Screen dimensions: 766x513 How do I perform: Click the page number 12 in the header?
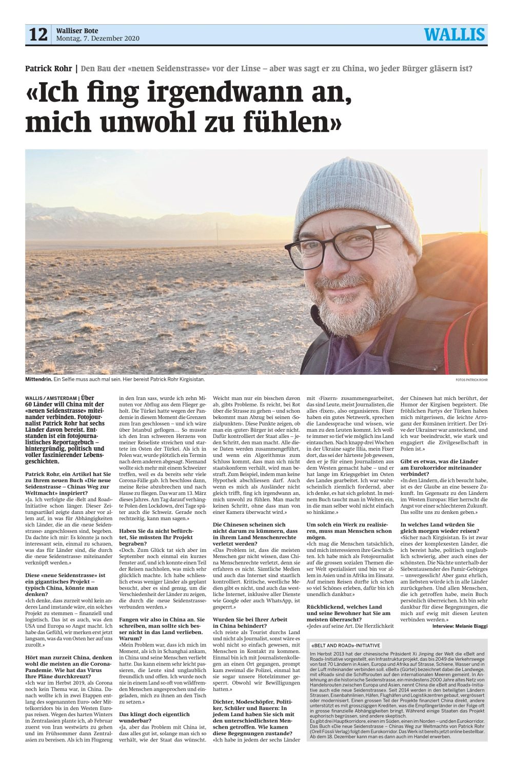pos(38,34)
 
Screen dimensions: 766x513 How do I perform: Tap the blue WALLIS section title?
pos(454,34)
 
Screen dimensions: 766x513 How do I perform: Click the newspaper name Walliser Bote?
pos(77,31)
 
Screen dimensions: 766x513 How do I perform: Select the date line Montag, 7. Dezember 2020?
pos(97,39)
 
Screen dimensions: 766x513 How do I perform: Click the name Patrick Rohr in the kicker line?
pos(49,68)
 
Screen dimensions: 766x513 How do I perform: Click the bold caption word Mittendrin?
pos(38,379)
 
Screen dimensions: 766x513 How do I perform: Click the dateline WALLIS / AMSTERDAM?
pos(51,398)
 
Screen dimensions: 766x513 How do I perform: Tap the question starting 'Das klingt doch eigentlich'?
pos(154,717)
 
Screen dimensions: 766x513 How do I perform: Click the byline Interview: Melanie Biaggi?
pos(460,626)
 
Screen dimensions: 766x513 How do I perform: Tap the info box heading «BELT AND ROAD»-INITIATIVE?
pos(346,645)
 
